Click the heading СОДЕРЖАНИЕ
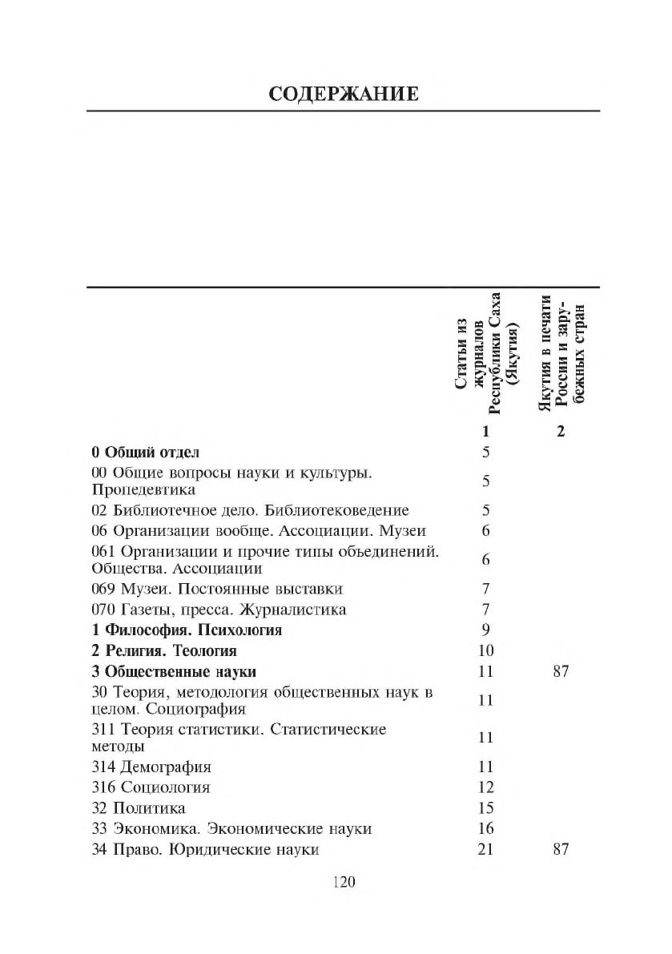(343, 95)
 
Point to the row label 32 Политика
(139, 808)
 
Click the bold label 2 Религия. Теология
(164, 650)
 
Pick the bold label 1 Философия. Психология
(187, 630)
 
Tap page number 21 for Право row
(485, 849)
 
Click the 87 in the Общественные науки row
(561, 671)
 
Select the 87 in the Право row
(561, 849)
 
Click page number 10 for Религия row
(485, 650)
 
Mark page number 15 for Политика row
(485, 808)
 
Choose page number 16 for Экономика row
(485, 829)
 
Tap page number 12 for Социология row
(485, 787)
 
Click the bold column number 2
(561, 432)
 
